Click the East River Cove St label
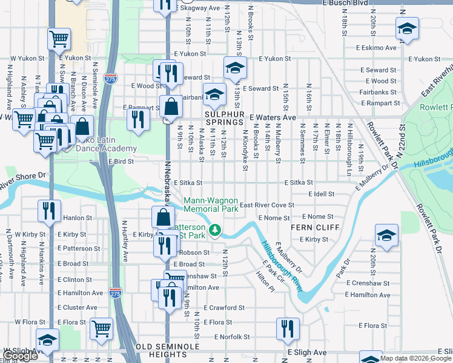pos(266,205)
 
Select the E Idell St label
pos(321,194)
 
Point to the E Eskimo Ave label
pos(376,47)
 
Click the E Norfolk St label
pos(228,337)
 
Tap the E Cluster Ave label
pos(77,307)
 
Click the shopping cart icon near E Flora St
pos(101,329)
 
